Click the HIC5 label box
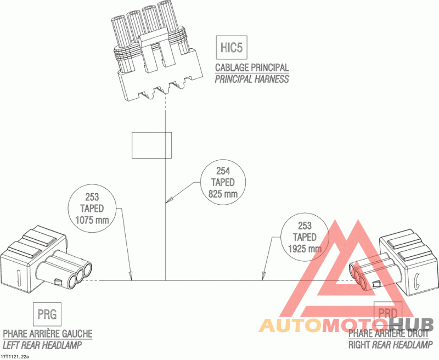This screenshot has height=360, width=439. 231,47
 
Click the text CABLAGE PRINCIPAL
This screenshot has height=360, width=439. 252,67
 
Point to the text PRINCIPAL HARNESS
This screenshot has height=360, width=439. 252,78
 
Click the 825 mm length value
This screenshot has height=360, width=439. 223,193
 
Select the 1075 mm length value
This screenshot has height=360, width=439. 92,220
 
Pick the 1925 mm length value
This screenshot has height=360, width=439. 305,248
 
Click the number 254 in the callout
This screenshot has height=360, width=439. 223,171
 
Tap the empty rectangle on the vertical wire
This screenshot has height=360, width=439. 151,145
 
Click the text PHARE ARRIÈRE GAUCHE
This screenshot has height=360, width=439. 48,334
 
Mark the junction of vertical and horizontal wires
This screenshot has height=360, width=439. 166,280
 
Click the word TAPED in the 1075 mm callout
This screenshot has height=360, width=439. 92,209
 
